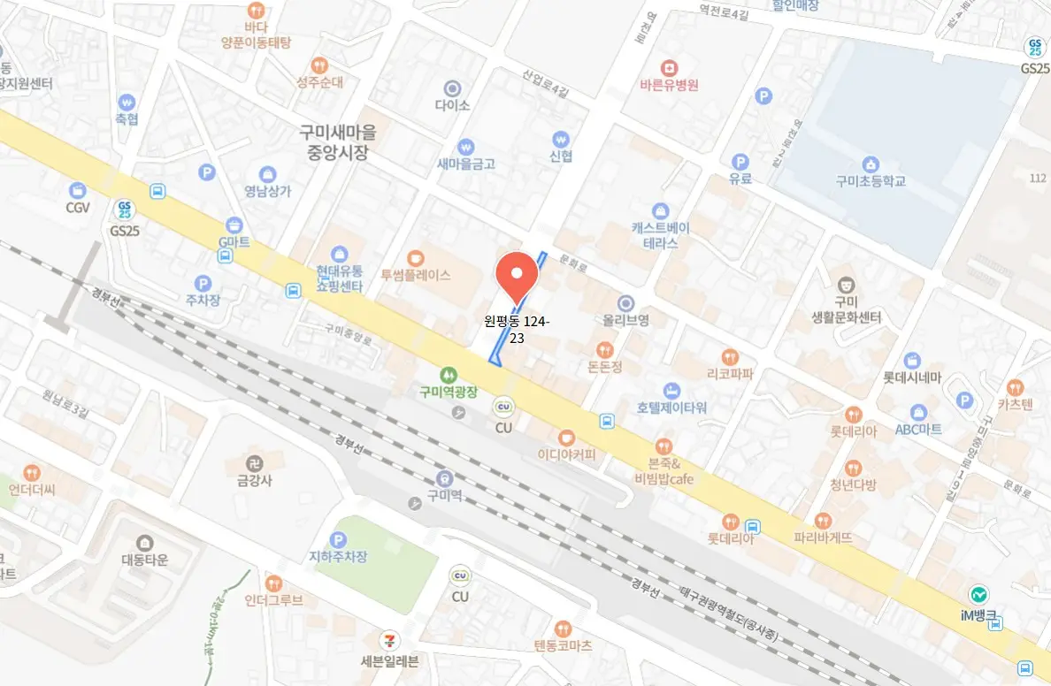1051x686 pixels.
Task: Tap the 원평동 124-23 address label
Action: tap(518, 330)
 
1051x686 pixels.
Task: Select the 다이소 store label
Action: tap(452, 104)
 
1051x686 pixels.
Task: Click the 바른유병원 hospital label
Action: tap(670, 86)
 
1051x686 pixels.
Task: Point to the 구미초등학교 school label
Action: tap(871, 181)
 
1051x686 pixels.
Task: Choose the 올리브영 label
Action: tap(625, 320)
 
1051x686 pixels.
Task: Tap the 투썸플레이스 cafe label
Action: tap(416, 275)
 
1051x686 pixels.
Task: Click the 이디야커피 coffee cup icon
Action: tap(566, 437)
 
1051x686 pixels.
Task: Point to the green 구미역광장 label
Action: tap(448, 392)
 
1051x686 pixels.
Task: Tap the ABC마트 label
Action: tap(918, 430)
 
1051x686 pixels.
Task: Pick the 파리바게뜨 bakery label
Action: tap(823, 537)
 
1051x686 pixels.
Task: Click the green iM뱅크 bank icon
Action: tap(978, 594)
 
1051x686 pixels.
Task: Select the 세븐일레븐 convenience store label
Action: tap(389, 660)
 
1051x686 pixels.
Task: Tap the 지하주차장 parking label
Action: tap(338, 557)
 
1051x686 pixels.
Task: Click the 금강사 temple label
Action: tap(254, 481)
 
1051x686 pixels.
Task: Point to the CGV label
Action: tap(78, 208)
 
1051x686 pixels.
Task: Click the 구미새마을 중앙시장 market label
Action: tap(337, 141)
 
